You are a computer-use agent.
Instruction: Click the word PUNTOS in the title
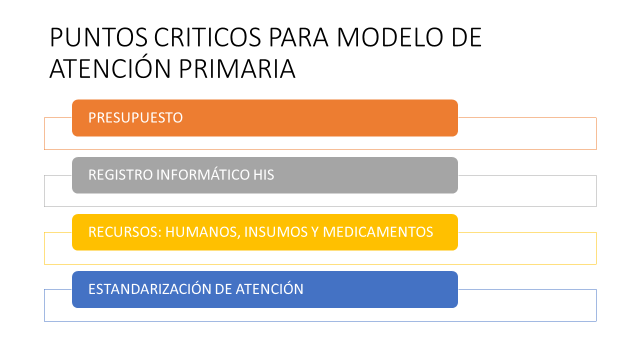click(x=98, y=38)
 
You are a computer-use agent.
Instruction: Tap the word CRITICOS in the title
click(x=207, y=38)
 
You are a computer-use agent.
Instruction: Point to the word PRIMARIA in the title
click(x=237, y=68)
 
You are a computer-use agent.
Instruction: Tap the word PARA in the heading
click(x=299, y=38)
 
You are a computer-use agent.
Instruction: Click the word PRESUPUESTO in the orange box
click(x=136, y=118)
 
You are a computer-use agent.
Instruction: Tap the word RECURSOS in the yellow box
click(x=125, y=232)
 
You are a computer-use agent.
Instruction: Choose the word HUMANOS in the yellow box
click(x=202, y=232)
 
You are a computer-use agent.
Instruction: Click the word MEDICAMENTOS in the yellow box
click(x=378, y=232)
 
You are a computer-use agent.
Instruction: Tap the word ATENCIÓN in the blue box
click(x=270, y=289)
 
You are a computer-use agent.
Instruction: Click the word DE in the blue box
click(x=223, y=289)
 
